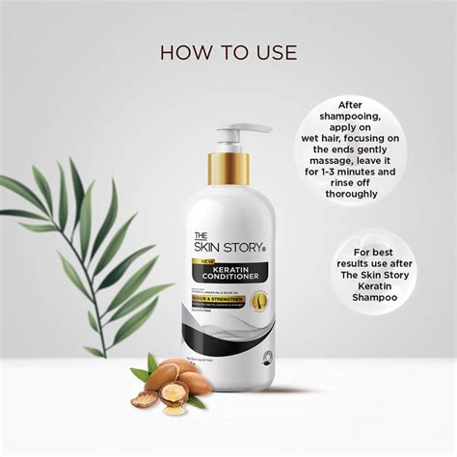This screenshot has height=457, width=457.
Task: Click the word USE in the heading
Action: [275, 51]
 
